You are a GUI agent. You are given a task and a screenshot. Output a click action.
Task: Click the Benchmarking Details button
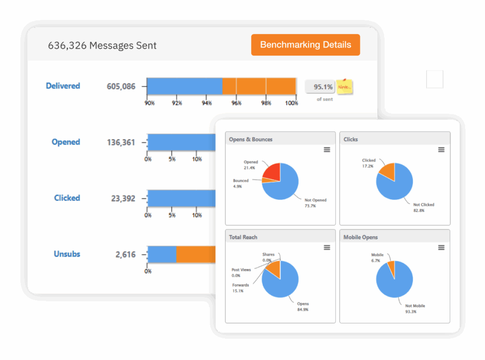(x=305, y=45)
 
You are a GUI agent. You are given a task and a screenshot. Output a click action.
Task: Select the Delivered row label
(x=63, y=86)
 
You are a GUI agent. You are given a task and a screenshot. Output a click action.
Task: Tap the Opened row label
(x=66, y=142)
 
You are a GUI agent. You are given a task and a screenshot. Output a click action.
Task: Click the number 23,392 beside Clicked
(x=123, y=198)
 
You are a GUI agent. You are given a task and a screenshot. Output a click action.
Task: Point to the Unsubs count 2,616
(x=126, y=254)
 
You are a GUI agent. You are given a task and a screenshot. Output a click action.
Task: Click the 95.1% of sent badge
(x=320, y=87)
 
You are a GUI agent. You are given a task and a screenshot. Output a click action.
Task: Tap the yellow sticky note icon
(x=344, y=87)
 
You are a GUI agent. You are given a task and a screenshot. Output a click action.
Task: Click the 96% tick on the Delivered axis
(x=236, y=103)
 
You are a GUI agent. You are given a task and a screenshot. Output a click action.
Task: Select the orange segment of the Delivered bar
(x=259, y=86)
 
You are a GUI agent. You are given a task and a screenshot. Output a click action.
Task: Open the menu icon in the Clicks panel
(x=441, y=150)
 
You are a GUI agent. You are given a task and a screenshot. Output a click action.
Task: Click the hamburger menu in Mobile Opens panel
(x=441, y=248)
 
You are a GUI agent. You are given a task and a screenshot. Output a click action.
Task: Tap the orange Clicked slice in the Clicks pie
(x=388, y=171)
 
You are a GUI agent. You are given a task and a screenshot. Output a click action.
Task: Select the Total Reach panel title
(x=243, y=237)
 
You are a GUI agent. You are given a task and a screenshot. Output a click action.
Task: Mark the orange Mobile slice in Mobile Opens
(x=391, y=268)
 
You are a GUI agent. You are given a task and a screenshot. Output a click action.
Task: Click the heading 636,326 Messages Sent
(x=102, y=45)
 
